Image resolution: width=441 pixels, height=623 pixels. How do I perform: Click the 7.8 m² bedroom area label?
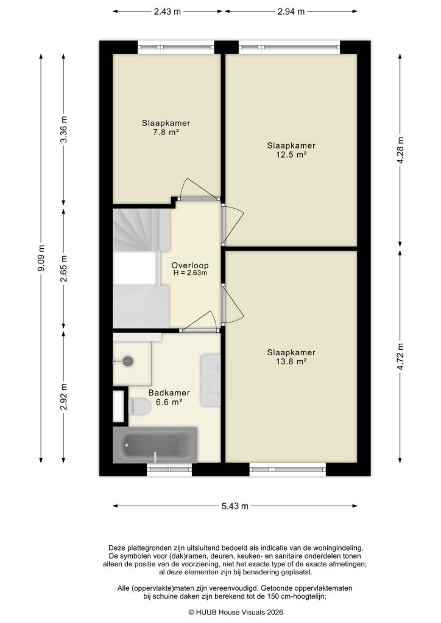tap(161, 127)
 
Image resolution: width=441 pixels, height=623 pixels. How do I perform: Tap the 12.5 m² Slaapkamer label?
tap(291, 150)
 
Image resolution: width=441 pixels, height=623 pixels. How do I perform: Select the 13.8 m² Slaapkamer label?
tap(291, 357)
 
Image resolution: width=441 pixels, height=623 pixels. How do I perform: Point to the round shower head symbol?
tap(128, 361)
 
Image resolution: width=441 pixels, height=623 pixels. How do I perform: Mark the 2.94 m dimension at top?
tap(291, 12)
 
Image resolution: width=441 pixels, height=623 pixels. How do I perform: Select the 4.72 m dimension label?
tap(400, 357)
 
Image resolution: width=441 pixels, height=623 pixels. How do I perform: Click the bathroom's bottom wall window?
tap(169, 469)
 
